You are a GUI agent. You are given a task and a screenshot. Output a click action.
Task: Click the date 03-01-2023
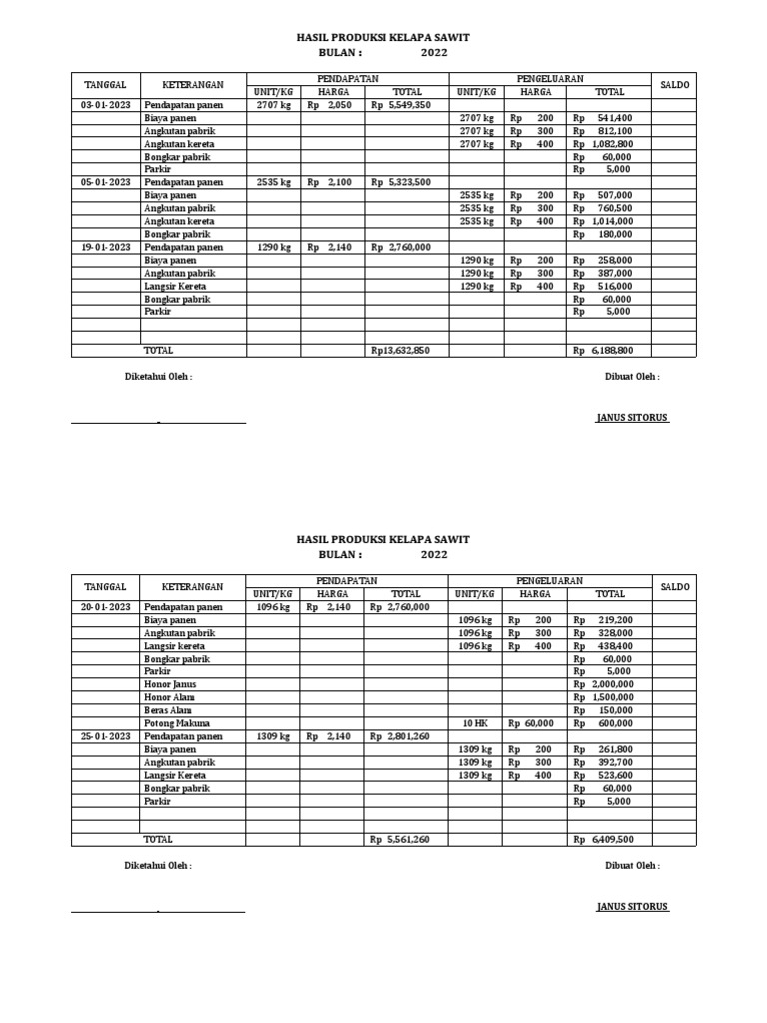click(x=105, y=105)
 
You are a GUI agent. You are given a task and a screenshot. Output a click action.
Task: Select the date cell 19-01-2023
click(x=105, y=247)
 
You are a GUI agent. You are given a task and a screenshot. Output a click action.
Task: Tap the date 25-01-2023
click(x=105, y=736)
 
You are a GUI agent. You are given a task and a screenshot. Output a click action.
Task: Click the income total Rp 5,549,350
click(x=400, y=105)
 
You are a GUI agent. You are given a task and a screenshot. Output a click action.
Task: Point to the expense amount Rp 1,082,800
click(x=610, y=144)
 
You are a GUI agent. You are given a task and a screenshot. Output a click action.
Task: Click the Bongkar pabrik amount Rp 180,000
click(x=610, y=234)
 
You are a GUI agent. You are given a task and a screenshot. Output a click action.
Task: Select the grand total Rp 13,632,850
click(x=400, y=351)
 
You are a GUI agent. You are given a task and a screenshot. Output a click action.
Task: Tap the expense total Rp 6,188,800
click(x=610, y=351)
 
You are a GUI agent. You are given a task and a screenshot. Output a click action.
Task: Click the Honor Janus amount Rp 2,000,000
click(x=610, y=684)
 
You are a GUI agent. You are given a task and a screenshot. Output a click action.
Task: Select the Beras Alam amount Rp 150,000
click(x=610, y=710)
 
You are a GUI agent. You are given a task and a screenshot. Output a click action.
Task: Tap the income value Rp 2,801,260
click(x=400, y=736)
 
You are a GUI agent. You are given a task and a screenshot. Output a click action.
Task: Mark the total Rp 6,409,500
click(x=610, y=840)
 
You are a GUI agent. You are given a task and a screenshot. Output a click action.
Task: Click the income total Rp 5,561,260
click(x=400, y=840)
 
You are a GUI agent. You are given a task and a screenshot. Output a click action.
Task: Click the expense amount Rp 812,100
click(x=610, y=131)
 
